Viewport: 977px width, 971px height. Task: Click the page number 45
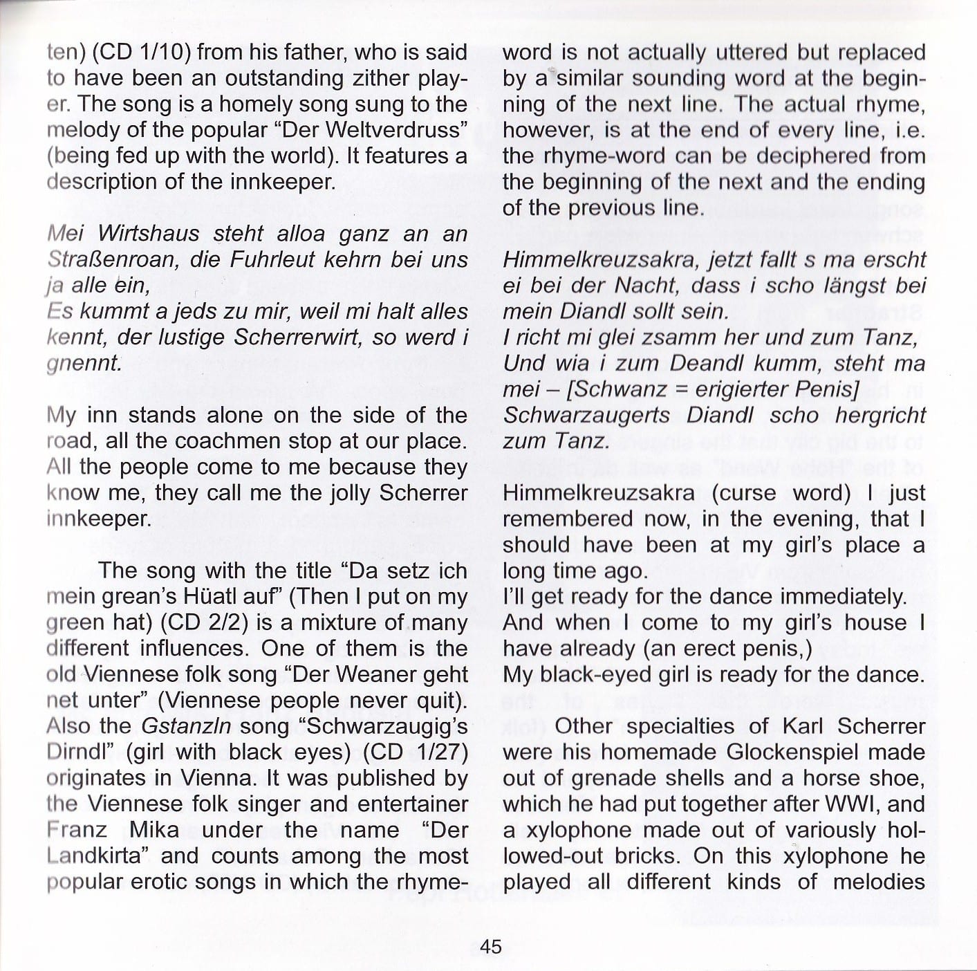click(490, 947)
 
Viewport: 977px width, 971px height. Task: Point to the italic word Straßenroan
click(110, 260)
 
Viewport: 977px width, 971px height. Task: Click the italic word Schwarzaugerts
click(586, 416)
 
